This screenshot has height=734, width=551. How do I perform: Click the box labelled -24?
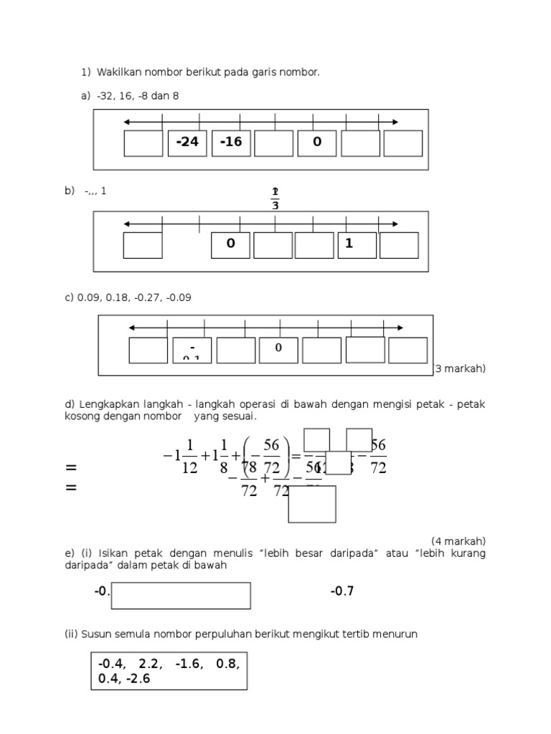click(x=187, y=143)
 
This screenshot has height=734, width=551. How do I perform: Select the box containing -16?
click(x=231, y=143)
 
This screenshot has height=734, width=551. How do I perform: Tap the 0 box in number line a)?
click(x=317, y=143)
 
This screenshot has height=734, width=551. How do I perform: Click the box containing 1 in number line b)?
click(x=357, y=244)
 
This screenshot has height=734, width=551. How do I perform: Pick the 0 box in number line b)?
click(x=230, y=244)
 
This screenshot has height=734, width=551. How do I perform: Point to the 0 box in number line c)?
click(x=278, y=350)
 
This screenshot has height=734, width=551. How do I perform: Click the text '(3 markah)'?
click(x=460, y=368)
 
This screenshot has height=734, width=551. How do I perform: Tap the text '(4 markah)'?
click(x=458, y=540)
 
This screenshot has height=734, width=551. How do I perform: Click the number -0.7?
click(x=342, y=591)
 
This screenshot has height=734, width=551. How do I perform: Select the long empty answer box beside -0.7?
click(x=181, y=596)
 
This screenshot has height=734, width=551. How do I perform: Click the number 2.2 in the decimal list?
click(x=148, y=664)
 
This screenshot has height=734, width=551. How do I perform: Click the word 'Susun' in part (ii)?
click(x=94, y=634)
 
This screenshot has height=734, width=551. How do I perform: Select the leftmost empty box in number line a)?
click(x=143, y=143)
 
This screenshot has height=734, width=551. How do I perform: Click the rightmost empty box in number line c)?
click(x=408, y=350)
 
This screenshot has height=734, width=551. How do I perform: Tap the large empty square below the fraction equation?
click(x=312, y=504)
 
